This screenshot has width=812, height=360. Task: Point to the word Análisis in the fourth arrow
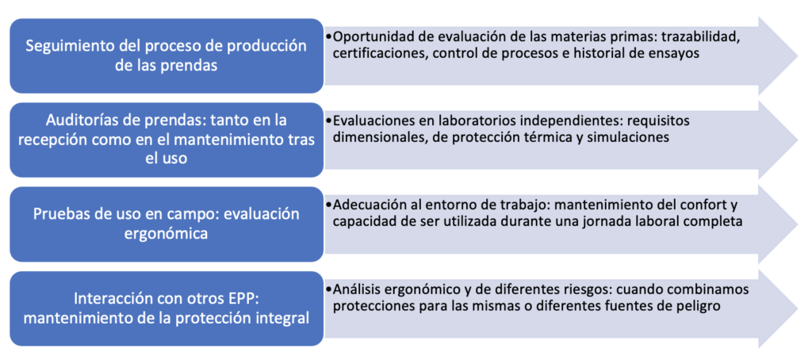coord(358,290)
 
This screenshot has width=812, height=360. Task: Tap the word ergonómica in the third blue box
coord(167,233)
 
